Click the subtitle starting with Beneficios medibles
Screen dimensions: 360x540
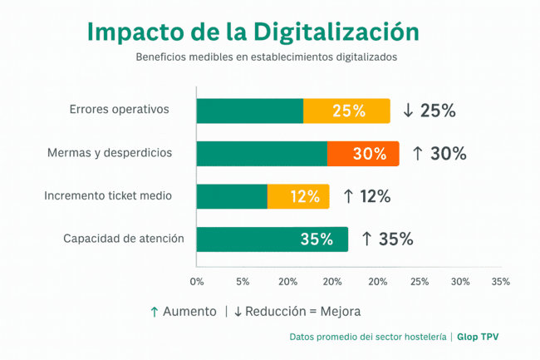coord(267,58)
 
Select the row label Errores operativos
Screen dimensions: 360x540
coord(120,110)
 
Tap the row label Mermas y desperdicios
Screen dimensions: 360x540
coord(110,153)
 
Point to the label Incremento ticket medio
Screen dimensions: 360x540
coord(108,196)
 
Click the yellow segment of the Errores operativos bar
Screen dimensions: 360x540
coord(346,111)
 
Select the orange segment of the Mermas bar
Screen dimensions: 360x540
coord(363,154)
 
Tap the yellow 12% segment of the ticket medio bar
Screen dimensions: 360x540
coord(298,197)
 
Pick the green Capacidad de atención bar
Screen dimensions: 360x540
coord(272,239)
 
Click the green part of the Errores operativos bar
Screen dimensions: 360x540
coord(249,111)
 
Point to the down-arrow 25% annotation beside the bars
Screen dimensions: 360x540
coord(429,111)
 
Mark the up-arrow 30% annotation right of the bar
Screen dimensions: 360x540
coord(439,154)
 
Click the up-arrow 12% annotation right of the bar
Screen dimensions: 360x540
coord(366,197)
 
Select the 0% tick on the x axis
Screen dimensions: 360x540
coord(197,282)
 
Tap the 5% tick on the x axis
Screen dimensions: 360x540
coord(243,282)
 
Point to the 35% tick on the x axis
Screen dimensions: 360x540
coord(501,282)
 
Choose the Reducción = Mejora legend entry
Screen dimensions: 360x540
coord(297,312)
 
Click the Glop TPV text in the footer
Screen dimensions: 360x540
coord(478,338)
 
